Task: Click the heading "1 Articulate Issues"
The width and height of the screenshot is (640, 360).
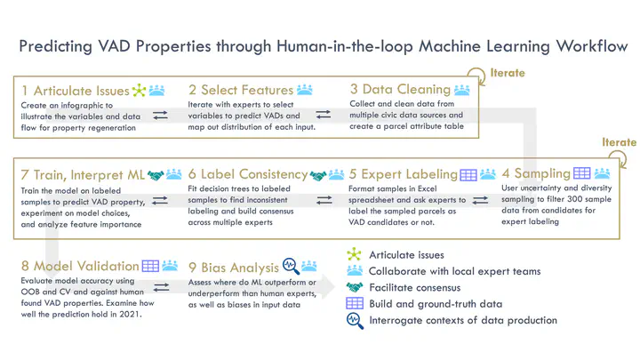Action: (76, 91)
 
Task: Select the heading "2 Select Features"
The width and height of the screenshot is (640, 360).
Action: (241, 90)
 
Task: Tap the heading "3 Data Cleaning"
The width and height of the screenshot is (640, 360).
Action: (400, 89)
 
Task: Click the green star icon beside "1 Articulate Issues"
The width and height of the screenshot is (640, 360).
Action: (139, 90)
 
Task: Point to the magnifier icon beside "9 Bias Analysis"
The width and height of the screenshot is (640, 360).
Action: (291, 266)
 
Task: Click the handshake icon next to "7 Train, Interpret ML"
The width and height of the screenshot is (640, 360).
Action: (156, 175)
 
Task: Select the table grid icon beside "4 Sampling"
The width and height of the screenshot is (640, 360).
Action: (581, 173)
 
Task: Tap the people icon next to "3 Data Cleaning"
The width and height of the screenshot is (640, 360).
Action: (461, 90)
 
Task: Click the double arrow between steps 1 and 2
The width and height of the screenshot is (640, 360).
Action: (160, 116)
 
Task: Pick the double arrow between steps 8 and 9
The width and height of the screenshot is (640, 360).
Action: (161, 288)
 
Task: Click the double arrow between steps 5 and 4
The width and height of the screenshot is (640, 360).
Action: (480, 200)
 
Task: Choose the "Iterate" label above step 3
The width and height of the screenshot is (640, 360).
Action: (508, 73)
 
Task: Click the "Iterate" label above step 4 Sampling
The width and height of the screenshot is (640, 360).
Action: (619, 142)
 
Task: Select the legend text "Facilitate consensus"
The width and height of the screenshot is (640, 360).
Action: (415, 288)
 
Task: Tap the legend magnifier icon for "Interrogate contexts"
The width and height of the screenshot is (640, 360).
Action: (355, 321)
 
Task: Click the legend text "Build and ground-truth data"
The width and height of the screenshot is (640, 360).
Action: (436, 304)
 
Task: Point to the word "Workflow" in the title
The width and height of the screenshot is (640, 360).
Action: (592, 46)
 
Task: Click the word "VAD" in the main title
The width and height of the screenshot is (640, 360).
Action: (114, 46)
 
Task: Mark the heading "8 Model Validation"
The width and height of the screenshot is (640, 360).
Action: (80, 266)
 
